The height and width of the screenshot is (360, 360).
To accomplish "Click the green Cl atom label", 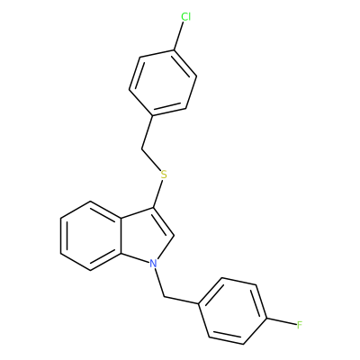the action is point(185,17).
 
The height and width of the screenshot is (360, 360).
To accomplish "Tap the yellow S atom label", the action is point(164,175).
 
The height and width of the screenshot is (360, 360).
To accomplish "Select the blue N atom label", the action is point(153,264).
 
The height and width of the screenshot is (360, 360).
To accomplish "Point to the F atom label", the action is point(299,325).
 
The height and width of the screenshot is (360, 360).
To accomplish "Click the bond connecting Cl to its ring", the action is point(179,36).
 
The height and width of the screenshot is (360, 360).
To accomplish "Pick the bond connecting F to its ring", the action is point(281,321).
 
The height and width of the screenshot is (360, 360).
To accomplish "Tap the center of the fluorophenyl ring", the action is point(232,310).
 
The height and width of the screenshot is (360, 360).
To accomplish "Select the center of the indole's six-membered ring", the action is point(91,236).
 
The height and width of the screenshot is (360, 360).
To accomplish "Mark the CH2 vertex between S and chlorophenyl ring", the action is point(141,148).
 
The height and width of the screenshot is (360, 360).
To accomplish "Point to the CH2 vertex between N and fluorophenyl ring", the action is point(164,297).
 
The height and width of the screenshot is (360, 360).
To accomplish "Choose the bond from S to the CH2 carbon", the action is point(151,159).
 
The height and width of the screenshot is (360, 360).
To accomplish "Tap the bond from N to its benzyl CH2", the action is point(159,283).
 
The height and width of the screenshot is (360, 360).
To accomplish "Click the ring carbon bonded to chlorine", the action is point(174,50).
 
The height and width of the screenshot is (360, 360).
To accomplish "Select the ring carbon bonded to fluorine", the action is point(266,318).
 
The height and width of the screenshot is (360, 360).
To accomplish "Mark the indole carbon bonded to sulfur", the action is point(153,207).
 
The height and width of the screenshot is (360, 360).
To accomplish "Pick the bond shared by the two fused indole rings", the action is point(121,236).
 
